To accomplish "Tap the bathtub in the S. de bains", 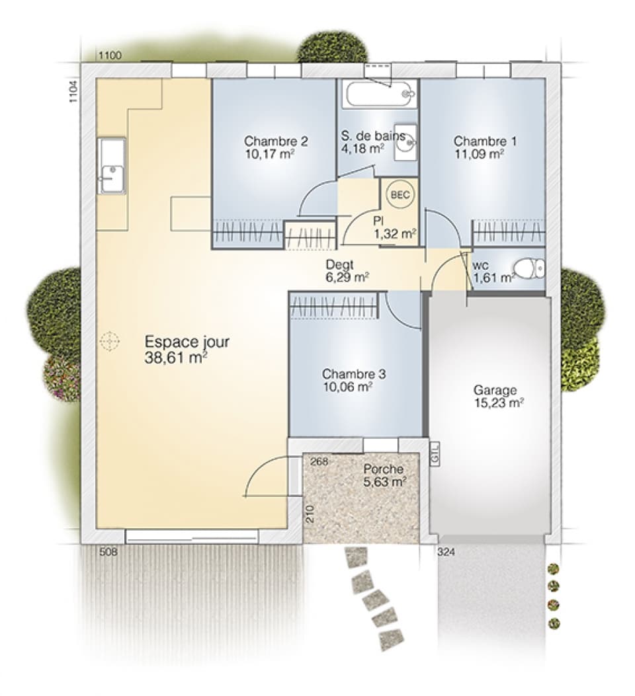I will pyautogui.click(x=379, y=95).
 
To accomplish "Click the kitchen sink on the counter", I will pyautogui.click(x=111, y=166).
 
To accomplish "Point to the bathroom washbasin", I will pyautogui.click(x=406, y=141).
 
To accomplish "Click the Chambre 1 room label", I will pyautogui.click(x=485, y=141).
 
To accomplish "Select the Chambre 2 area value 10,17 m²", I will pyautogui.click(x=269, y=153).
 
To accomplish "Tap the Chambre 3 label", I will pyautogui.click(x=354, y=374).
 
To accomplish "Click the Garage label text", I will pyautogui.click(x=495, y=390).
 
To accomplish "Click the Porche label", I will pyautogui.click(x=384, y=469).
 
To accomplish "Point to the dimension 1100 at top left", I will pyautogui.click(x=110, y=56).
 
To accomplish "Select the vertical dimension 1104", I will pyautogui.click(x=73, y=91).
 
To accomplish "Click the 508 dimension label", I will pyautogui.click(x=108, y=552).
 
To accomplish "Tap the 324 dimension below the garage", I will pyautogui.click(x=446, y=552).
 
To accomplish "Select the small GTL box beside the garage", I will pyautogui.click(x=435, y=454).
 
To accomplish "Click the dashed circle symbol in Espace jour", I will pyautogui.click(x=108, y=341).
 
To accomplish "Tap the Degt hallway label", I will pyautogui.click(x=339, y=264).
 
